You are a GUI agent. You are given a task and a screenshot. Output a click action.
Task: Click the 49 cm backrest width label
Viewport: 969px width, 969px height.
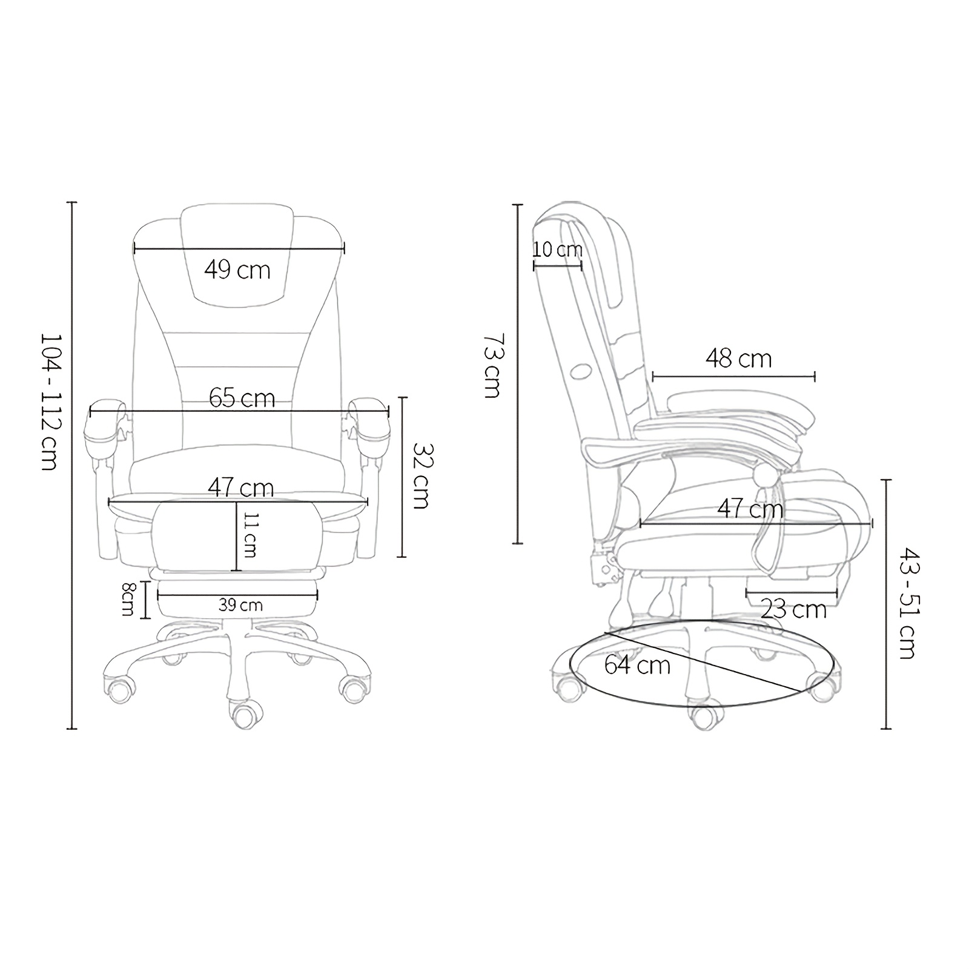pos(237,270)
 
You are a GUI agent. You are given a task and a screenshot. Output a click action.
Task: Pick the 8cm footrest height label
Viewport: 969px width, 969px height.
pos(128,599)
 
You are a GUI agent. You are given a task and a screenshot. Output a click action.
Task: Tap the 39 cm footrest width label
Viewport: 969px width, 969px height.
pos(240,604)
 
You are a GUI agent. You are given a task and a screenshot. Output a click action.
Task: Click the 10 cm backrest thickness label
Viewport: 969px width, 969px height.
pos(558,249)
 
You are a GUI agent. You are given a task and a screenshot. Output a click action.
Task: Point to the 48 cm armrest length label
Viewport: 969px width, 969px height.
pos(738,359)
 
